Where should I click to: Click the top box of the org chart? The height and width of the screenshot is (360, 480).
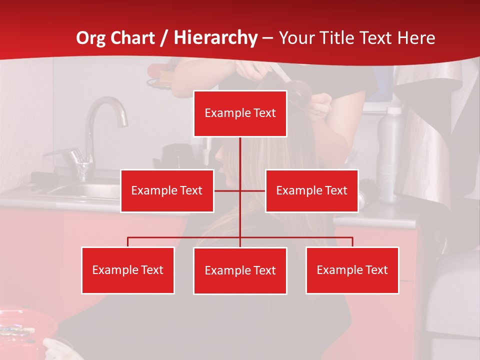[240, 113]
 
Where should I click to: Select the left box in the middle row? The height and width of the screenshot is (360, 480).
[167, 191]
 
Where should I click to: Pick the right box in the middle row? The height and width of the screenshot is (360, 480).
[311, 191]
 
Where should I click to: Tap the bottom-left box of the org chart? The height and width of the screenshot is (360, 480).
[128, 270]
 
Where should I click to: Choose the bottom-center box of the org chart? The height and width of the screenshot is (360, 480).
[240, 271]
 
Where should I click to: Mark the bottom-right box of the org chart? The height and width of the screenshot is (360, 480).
[352, 270]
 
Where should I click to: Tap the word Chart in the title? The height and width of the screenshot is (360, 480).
[132, 38]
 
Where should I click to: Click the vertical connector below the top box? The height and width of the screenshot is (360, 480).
[240, 155]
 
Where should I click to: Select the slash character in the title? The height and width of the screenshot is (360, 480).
[163, 38]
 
